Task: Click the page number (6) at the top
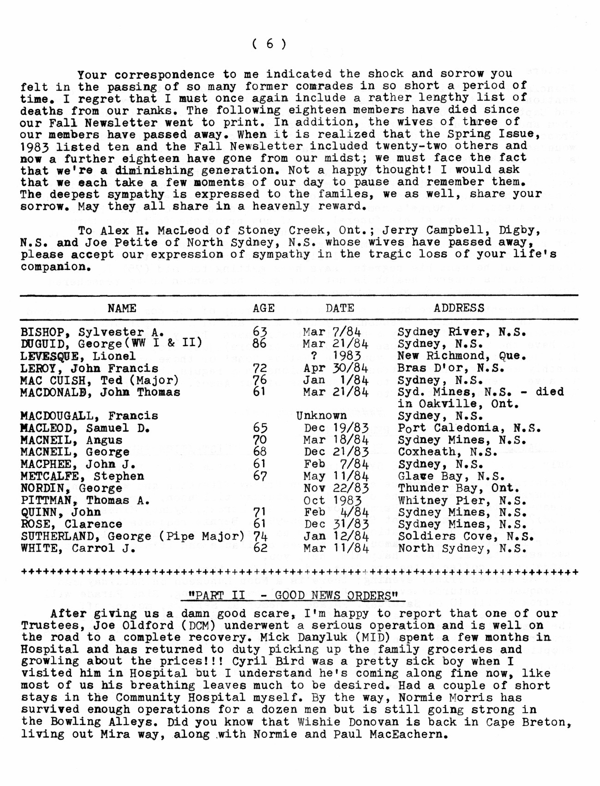coord(270,44)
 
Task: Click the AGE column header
coord(264,308)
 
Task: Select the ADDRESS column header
coord(459,308)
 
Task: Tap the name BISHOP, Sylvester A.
coord(92,332)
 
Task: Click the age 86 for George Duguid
coord(260,343)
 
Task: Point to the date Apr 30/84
coord(336,368)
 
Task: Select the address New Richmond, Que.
coord(462,356)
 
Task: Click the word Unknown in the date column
coord(321,415)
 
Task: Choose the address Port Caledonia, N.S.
coord(469,428)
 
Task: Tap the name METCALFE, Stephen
coord(82,476)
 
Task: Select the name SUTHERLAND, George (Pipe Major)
coord(132,536)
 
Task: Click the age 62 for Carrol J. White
coord(260,548)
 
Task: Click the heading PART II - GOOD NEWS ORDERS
coord(293,595)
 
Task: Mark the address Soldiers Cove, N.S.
coord(466,536)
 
